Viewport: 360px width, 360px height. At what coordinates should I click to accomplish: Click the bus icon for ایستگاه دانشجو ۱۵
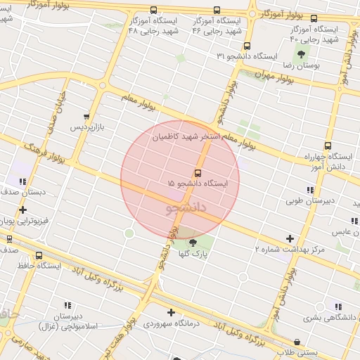pos(197,172)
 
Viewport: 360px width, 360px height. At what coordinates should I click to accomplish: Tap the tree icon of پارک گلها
pos(193,243)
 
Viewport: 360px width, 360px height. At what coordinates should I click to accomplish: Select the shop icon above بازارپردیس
pos(86,117)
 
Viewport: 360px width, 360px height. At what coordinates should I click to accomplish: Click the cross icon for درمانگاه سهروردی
pos(171,312)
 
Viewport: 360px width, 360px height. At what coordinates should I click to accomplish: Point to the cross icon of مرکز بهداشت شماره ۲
pos(290,239)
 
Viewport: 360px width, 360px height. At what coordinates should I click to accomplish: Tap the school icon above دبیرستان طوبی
pos(310,190)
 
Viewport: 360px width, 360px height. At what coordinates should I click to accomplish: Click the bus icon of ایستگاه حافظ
pos(38,256)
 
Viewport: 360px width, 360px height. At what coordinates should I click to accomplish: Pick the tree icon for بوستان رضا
pos(301,54)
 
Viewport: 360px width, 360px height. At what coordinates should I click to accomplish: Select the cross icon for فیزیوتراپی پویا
pos(23,210)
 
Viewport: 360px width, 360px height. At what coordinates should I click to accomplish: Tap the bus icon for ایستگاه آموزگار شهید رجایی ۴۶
pos(216,11)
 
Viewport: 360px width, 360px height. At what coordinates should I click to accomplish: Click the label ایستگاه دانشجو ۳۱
pos(247,55)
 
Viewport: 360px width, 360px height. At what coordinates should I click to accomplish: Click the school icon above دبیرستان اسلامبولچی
pos(68,306)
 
